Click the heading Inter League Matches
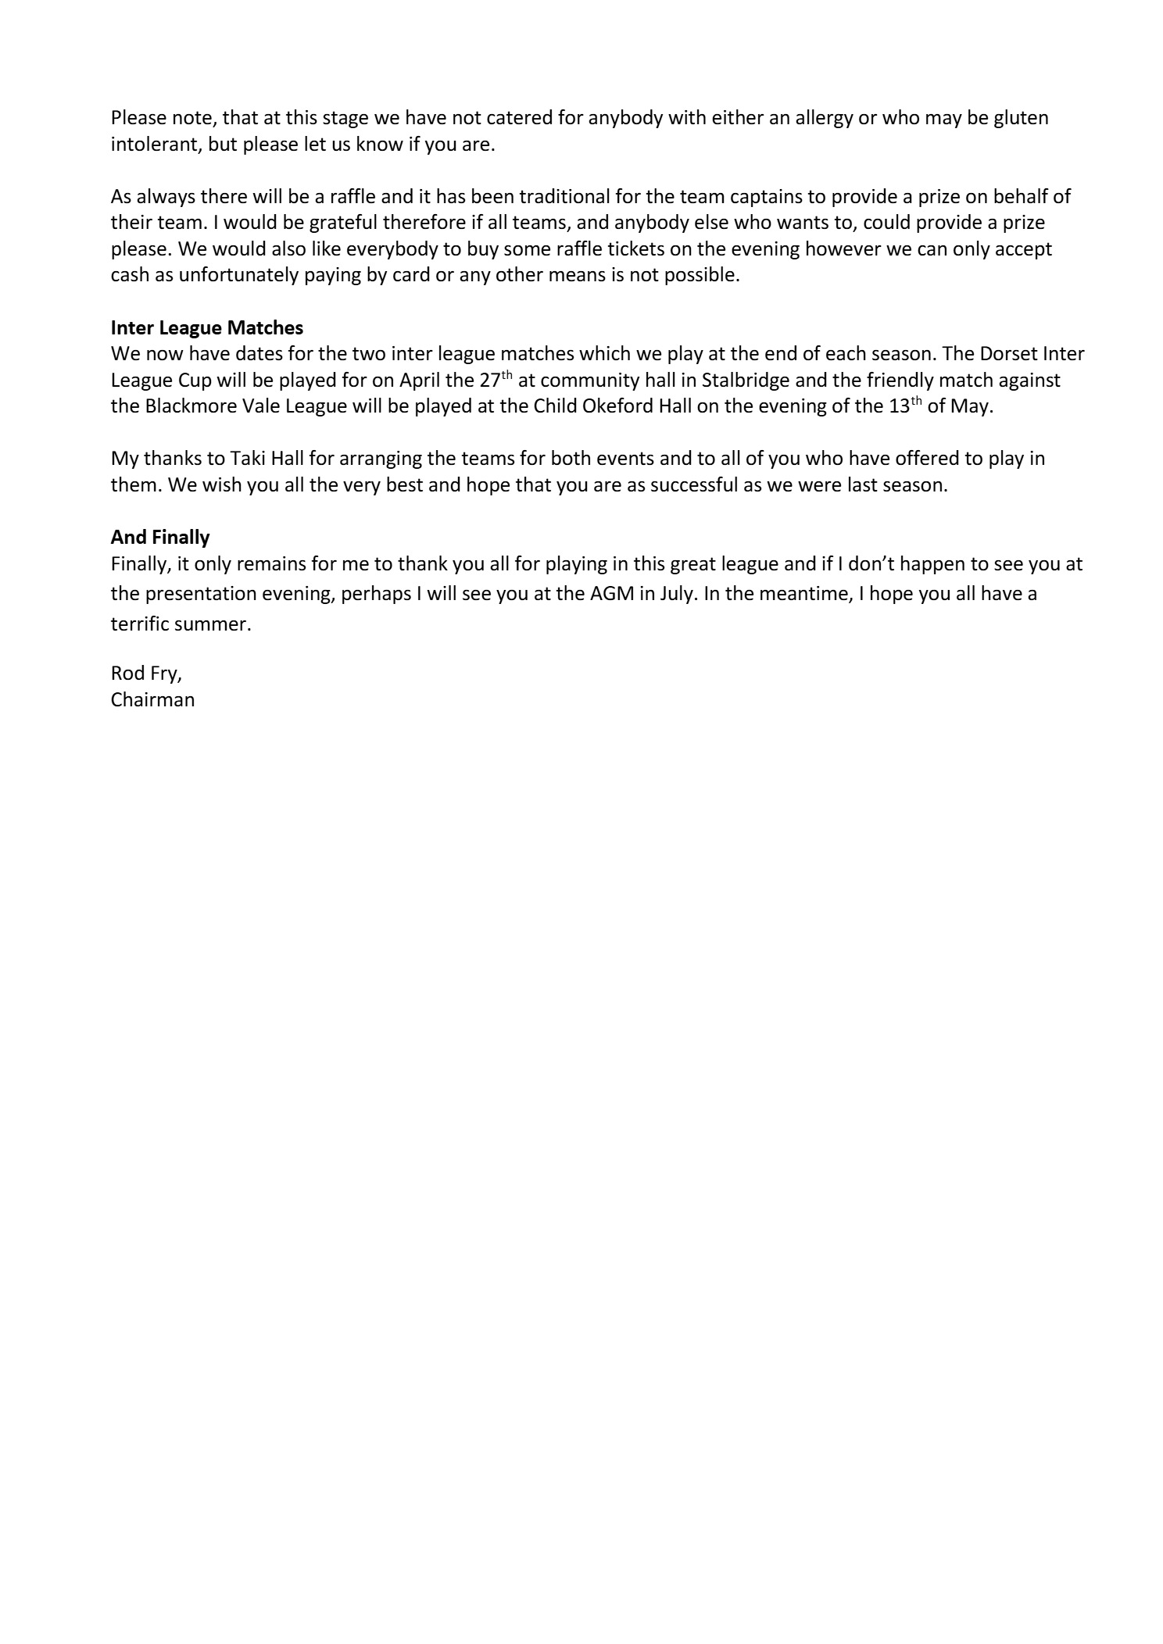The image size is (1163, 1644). [207, 327]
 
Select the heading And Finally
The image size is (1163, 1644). [160, 537]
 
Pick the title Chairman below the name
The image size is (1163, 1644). [152, 699]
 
